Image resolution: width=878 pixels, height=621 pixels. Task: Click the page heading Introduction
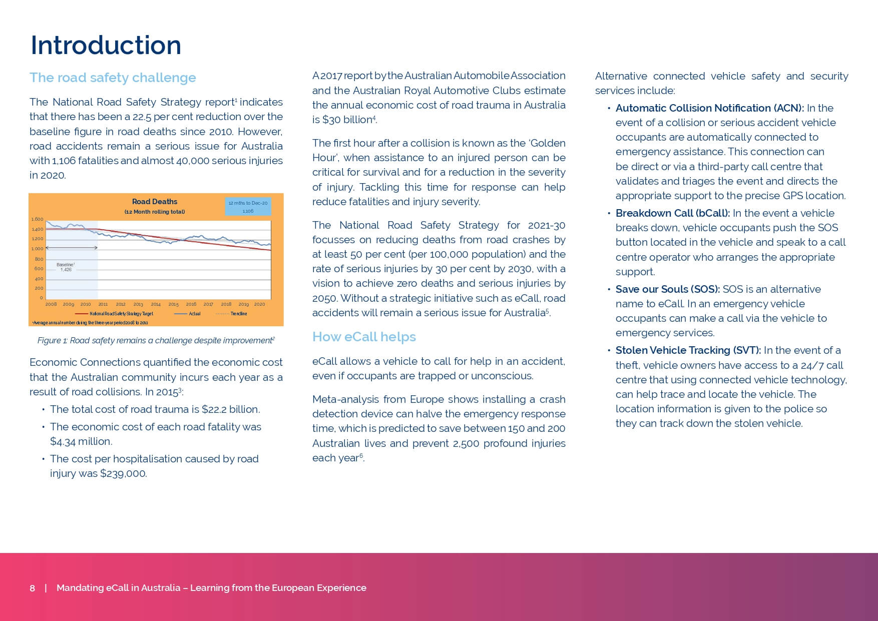106,46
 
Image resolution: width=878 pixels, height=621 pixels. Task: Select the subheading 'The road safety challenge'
113,78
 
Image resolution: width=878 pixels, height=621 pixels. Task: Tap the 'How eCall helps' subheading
364,337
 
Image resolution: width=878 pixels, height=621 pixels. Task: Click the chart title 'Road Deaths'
154,202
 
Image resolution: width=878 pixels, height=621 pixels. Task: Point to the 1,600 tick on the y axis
38,219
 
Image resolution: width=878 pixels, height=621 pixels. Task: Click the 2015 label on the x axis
173,304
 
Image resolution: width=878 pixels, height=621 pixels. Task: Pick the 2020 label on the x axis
259,304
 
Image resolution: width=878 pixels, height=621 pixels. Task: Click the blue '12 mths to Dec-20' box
248,207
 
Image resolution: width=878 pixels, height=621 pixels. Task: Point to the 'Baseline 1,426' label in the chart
66,267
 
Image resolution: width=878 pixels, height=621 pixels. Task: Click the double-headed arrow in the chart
72,248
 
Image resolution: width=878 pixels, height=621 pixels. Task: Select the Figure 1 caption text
156,341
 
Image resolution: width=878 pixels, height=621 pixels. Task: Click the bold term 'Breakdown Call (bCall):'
672,213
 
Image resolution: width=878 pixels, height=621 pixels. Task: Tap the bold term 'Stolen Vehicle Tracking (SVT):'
688,350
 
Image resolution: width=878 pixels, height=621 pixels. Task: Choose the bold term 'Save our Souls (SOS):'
667,289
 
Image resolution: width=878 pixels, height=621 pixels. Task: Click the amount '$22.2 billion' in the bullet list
230,409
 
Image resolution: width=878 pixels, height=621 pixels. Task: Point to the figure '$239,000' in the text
123,473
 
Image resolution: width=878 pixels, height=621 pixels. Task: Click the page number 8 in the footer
33,588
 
